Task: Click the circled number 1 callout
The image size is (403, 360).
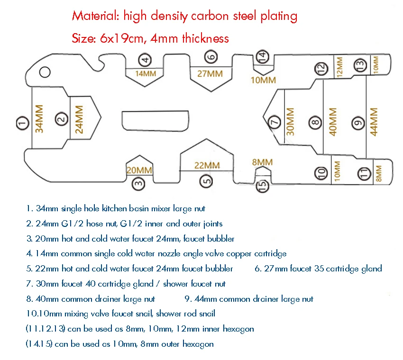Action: click(22, 123)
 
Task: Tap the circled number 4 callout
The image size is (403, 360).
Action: click(145, 60)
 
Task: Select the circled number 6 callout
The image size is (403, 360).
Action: click(211, 57)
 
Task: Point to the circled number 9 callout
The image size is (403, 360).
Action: click(358, 123)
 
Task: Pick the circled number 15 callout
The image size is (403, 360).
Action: click(262, 185)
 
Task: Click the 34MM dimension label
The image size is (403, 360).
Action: click(39, 118)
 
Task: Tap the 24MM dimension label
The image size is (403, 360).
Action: click(79, 119)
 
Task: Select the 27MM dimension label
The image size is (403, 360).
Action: click(210, 74)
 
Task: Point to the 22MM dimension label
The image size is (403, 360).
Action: click(207, 165)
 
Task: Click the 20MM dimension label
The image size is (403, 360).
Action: click(139, 170)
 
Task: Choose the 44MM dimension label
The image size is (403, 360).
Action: click(374, 122)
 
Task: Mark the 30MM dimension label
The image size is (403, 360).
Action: click(290, 122)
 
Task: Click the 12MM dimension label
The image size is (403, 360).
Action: click(339, 67)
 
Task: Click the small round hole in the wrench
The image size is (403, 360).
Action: click(45, 72)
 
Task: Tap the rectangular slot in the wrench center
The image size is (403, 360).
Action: click(155, 121)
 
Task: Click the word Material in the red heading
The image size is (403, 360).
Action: click(95, 16)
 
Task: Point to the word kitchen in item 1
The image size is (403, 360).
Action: click(114, 208)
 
